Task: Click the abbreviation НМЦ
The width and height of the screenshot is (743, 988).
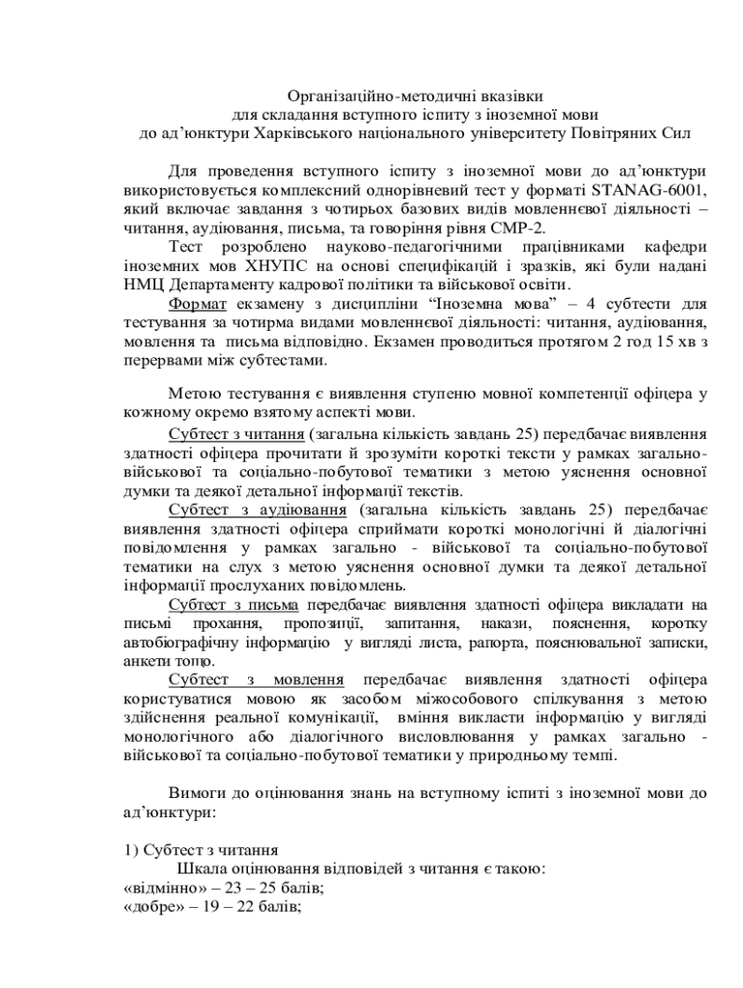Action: (144, 284)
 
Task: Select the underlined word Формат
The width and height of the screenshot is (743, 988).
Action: (199, 303)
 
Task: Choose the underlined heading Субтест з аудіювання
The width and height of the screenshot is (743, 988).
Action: (258, 508)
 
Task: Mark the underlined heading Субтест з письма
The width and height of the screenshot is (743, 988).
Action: (233, 604)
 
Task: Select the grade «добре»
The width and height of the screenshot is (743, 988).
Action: (155, 905)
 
